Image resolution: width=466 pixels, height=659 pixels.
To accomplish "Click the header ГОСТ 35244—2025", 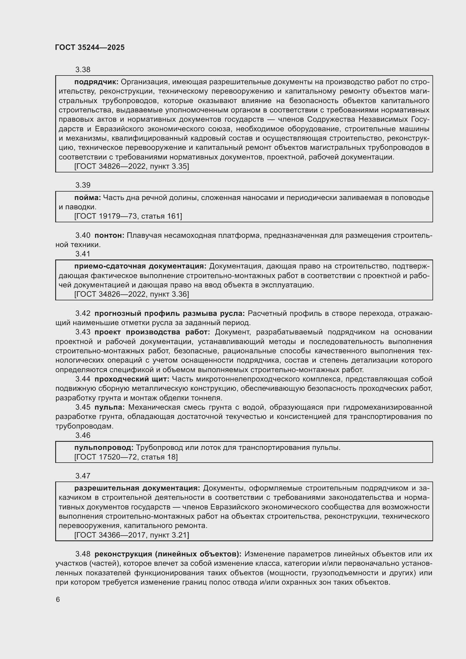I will coord(90,47).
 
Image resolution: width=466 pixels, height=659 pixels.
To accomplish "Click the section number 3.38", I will coord(83,70).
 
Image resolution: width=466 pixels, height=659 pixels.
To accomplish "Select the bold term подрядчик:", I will coord(96,82).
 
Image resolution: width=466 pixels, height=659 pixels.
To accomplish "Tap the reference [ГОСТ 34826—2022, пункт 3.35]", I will coord(132,166).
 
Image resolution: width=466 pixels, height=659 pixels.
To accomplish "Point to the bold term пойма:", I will coord(88,198).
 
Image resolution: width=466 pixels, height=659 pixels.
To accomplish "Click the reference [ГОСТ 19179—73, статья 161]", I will coord(128,216).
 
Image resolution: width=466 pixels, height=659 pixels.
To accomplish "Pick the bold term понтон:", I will coord(109,235).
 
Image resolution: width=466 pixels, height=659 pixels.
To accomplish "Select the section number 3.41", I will coord(83,254).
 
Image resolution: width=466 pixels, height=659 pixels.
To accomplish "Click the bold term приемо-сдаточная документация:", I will coord(140,266).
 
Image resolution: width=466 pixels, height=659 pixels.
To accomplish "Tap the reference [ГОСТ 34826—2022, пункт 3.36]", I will coord(132,294).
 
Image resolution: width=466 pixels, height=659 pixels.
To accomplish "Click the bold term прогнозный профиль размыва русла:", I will coord(170,313).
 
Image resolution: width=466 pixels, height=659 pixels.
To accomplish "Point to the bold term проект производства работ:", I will coord(152,332).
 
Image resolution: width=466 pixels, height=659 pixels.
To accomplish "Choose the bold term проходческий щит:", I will coord(132,379).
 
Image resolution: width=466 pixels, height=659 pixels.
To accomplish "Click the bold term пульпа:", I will coord(109,407).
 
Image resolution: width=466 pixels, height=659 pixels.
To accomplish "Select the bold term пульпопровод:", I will coord(104,448).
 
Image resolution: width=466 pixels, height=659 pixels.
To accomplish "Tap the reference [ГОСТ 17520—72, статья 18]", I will coord(126,457).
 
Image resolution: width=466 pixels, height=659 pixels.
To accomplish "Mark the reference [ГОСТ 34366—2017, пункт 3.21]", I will coord(132,535).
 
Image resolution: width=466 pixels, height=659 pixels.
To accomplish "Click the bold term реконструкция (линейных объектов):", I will coord(168,554).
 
